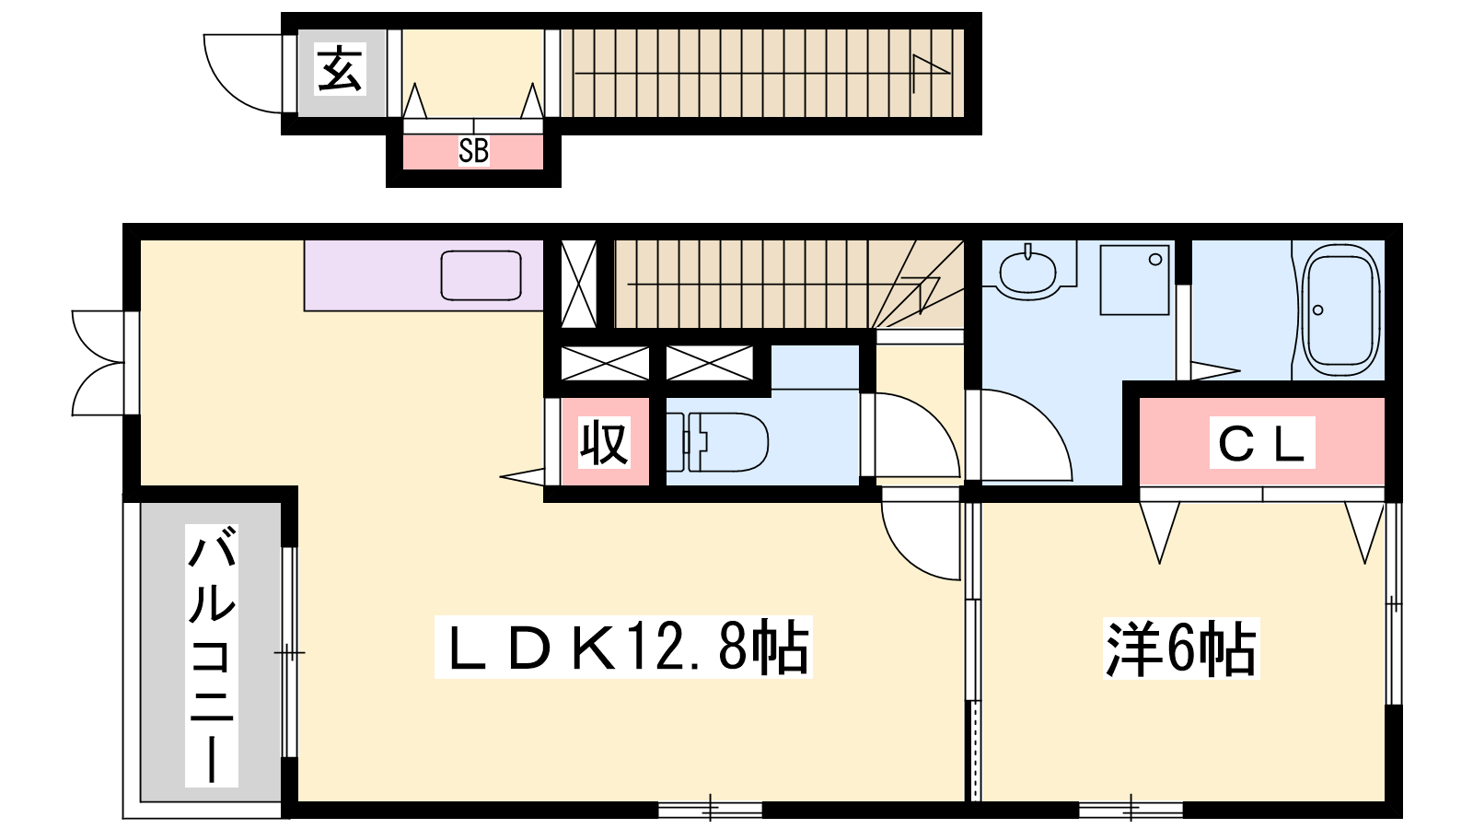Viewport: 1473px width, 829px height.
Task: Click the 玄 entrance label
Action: (340, 69)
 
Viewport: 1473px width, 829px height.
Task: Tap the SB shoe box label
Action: (473, 151)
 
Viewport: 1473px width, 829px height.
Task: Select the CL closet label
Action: (1261, 443)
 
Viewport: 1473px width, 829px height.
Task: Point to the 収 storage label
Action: (604, 442)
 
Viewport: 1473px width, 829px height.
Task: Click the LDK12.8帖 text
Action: (622, 647)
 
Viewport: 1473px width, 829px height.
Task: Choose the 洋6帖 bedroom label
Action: (1181, 648)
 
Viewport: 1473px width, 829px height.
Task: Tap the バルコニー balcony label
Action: (212, 655)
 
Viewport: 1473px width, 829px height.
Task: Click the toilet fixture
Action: (717, 442)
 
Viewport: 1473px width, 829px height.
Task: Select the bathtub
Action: (1341, 310)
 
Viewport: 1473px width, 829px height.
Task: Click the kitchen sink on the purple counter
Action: (481, 275)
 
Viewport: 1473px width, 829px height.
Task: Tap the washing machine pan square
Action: (1134, 280)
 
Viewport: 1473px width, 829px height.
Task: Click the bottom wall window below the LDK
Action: (710, 810)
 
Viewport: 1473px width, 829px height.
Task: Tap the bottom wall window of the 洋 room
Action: (1131, 810)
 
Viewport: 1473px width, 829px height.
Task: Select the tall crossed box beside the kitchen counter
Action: (579, 285)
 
